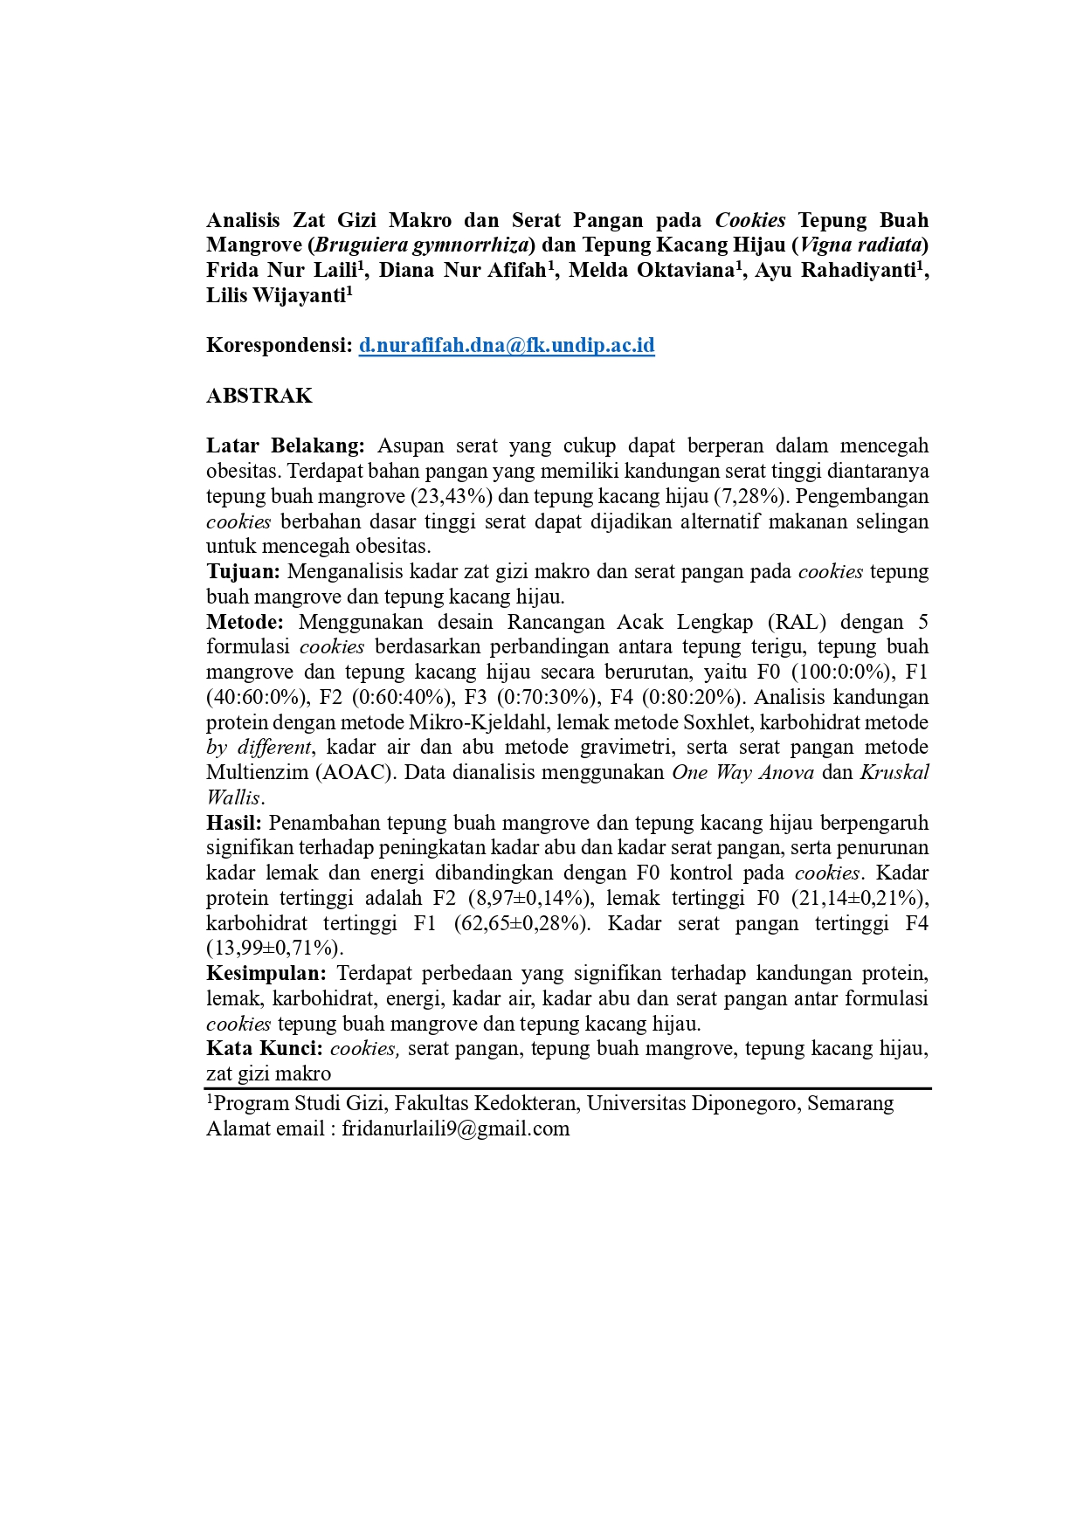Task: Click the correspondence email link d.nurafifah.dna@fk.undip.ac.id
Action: [507, 345]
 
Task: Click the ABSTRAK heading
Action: [259, 396]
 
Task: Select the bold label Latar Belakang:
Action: [286, 445]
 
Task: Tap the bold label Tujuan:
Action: [243, 571]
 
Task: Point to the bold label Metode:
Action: [245, 622]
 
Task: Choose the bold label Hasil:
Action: [234, 823]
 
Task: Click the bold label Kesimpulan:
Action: [266, 973]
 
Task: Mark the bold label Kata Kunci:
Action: [265, 1048]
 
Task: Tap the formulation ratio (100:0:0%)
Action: [844, 673]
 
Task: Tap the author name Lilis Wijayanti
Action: [276, 295]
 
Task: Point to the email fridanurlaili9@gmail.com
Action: [455, 1128]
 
